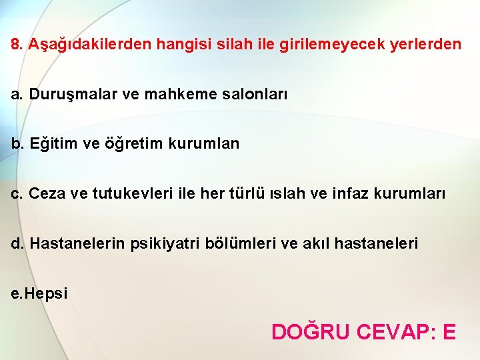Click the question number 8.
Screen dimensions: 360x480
[16, 45]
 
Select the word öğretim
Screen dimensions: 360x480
[131, 143]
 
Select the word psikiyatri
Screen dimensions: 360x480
[165, 243]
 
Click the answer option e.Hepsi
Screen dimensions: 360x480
[39, 293]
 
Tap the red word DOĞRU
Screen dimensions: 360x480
[310, 331]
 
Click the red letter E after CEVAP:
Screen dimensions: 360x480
[449, 331]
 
